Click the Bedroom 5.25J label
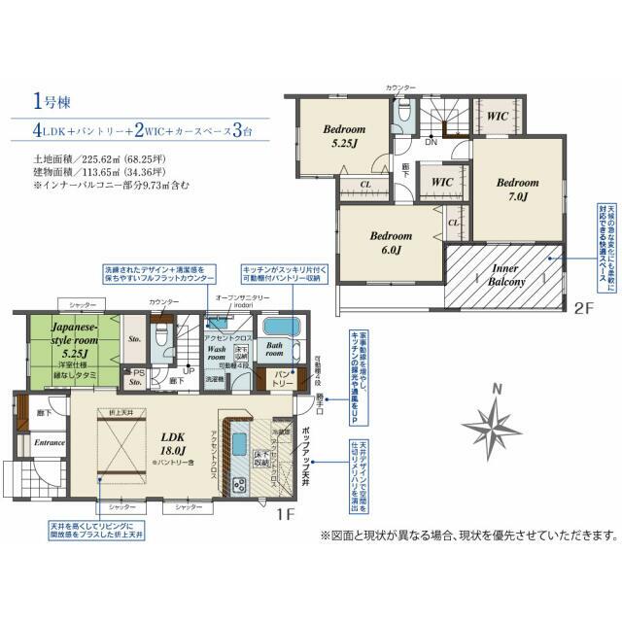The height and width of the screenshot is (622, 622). tap(344, 137)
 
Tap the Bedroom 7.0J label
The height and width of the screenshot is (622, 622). tap(517, 189)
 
